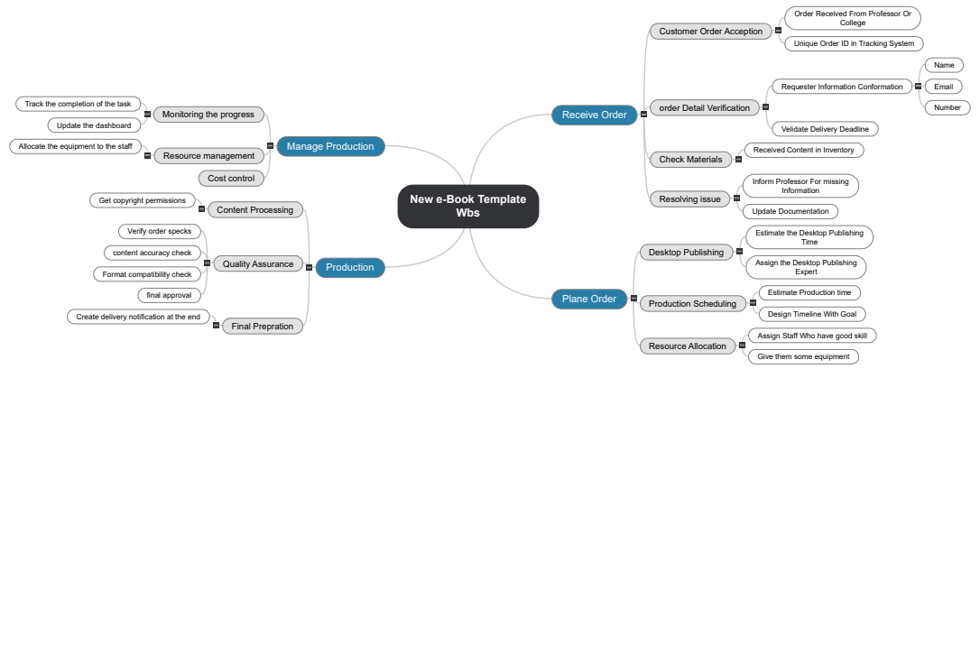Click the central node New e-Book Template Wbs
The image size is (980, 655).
point(467,207)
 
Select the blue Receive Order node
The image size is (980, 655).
point(594,115)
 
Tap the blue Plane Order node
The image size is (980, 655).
point(588,299)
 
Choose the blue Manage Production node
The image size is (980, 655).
point(330,146)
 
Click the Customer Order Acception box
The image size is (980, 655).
point(710,32)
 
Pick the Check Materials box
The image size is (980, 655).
point(690,160)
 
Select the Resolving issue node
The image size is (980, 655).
point(689,199)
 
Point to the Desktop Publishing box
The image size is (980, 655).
point(686,253)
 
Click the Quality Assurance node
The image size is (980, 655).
point(258,264)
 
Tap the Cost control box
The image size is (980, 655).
point(231,179)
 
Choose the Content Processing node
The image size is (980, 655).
point(254,210)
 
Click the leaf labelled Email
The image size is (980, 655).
point(943,87)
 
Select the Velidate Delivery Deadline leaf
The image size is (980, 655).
point(825,129)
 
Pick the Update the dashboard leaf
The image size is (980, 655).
point(94,125)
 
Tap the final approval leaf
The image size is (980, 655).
point(169,295)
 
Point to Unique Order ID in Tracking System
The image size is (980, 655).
point(854,43)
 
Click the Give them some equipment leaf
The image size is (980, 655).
point(803,356)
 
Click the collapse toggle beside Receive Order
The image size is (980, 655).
point(643,115)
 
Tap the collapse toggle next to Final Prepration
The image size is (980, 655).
point(216,325)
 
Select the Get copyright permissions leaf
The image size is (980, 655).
point(142,200)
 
